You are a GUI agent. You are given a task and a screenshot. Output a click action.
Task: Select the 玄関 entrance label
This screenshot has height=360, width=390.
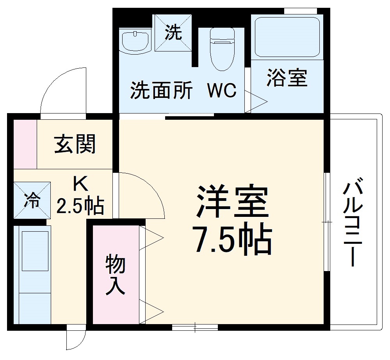coord(75,145)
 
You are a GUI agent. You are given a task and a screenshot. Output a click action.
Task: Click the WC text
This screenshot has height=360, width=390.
coord(221,90)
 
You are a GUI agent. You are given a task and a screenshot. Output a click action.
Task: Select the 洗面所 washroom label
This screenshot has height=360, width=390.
coord(162,90)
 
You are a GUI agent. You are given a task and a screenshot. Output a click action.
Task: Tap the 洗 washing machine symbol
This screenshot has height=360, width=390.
coord(173,32)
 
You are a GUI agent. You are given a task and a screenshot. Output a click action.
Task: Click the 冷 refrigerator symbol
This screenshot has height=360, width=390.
coord(32,200)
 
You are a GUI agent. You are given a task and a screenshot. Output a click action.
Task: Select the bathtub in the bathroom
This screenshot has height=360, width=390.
coord(287,36)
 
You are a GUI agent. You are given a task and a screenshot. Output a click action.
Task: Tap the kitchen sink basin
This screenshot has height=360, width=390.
coord(35,251)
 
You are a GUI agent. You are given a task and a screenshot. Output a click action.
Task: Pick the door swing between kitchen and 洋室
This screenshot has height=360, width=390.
coord(141,194)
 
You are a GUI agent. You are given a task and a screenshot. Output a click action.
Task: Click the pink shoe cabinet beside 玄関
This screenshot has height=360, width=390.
coord(25,144)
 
